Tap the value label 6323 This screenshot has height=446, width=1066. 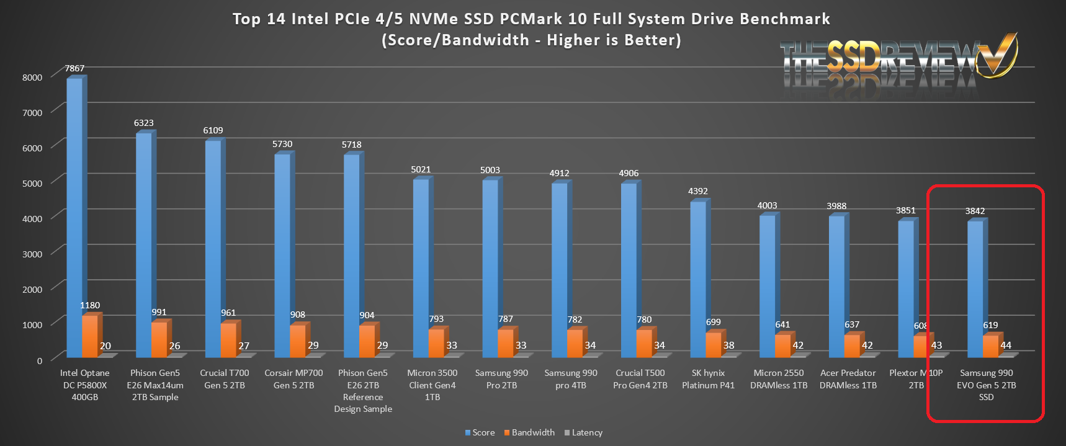point(144,123)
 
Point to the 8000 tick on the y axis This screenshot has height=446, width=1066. point(32,78)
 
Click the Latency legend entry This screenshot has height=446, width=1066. point(583,432)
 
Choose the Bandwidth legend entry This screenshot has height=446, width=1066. point(529,432)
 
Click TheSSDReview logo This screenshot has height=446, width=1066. point(897,62)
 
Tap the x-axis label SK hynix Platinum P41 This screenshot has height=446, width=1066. point(708,379)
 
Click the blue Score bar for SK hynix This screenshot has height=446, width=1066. point(698,279)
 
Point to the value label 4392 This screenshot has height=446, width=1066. point(698,191)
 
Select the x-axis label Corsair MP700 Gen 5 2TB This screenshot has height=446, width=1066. point(293,379)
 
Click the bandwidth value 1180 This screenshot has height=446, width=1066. point(90,305)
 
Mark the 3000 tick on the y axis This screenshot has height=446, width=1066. point(32,254)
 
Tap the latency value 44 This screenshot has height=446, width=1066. point(1006,346)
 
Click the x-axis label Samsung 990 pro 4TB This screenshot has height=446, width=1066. point(571,379)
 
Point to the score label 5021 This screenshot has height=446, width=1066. point(421,169)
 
